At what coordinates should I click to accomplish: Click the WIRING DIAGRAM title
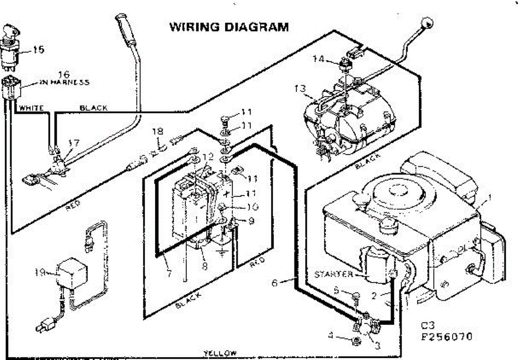228,27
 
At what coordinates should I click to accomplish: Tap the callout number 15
38,50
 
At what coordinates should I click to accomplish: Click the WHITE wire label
31,108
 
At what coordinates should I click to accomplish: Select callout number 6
274,283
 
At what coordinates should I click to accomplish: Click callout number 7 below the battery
168,273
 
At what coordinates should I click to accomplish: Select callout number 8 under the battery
205,266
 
